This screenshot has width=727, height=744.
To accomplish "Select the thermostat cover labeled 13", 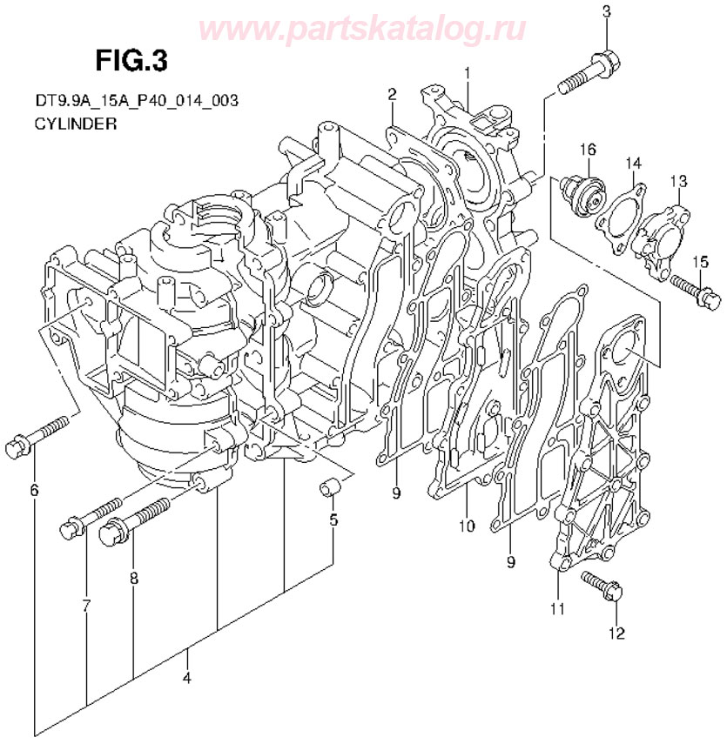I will (663, 231).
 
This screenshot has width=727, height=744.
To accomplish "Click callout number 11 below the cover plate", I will (557, 607).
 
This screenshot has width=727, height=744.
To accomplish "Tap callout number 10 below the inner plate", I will (466, 526).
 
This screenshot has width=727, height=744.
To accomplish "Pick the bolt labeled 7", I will (92, 518).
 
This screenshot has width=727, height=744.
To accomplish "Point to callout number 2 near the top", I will (393, 93).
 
